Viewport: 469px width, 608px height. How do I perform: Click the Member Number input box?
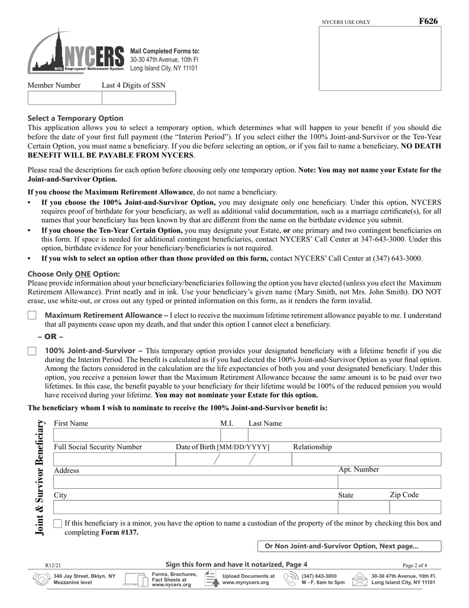click(x=65, y=98)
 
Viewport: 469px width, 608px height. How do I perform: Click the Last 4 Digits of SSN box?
click(x=138, y=98)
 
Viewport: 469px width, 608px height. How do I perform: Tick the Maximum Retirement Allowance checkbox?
click(x=32, y=315)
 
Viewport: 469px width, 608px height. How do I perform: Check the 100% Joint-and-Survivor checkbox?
click(x=32, y=351)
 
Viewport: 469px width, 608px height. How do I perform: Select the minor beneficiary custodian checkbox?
click(x=58, y=523)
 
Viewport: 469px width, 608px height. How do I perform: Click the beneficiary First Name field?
click(x=136, y=435)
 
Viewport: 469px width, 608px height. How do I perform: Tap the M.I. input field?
click(x=234, y=435)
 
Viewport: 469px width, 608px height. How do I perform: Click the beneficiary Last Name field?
click(x=344, y=435)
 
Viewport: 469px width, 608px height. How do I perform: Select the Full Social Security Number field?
click(x=114, y=460)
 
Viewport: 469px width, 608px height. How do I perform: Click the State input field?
click(x=363, y=507)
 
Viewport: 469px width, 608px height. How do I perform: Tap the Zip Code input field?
click(x=415, y=507)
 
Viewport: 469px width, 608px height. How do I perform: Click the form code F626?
click(x=428, y=21)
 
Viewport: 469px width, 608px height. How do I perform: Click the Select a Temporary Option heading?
click(x=76, y=118)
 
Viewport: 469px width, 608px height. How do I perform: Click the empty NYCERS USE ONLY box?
click(x=380, y=58)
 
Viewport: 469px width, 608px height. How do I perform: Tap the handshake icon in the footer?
click(x=41, y=579)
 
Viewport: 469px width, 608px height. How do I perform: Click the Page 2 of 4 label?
click(x=415, y=565)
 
